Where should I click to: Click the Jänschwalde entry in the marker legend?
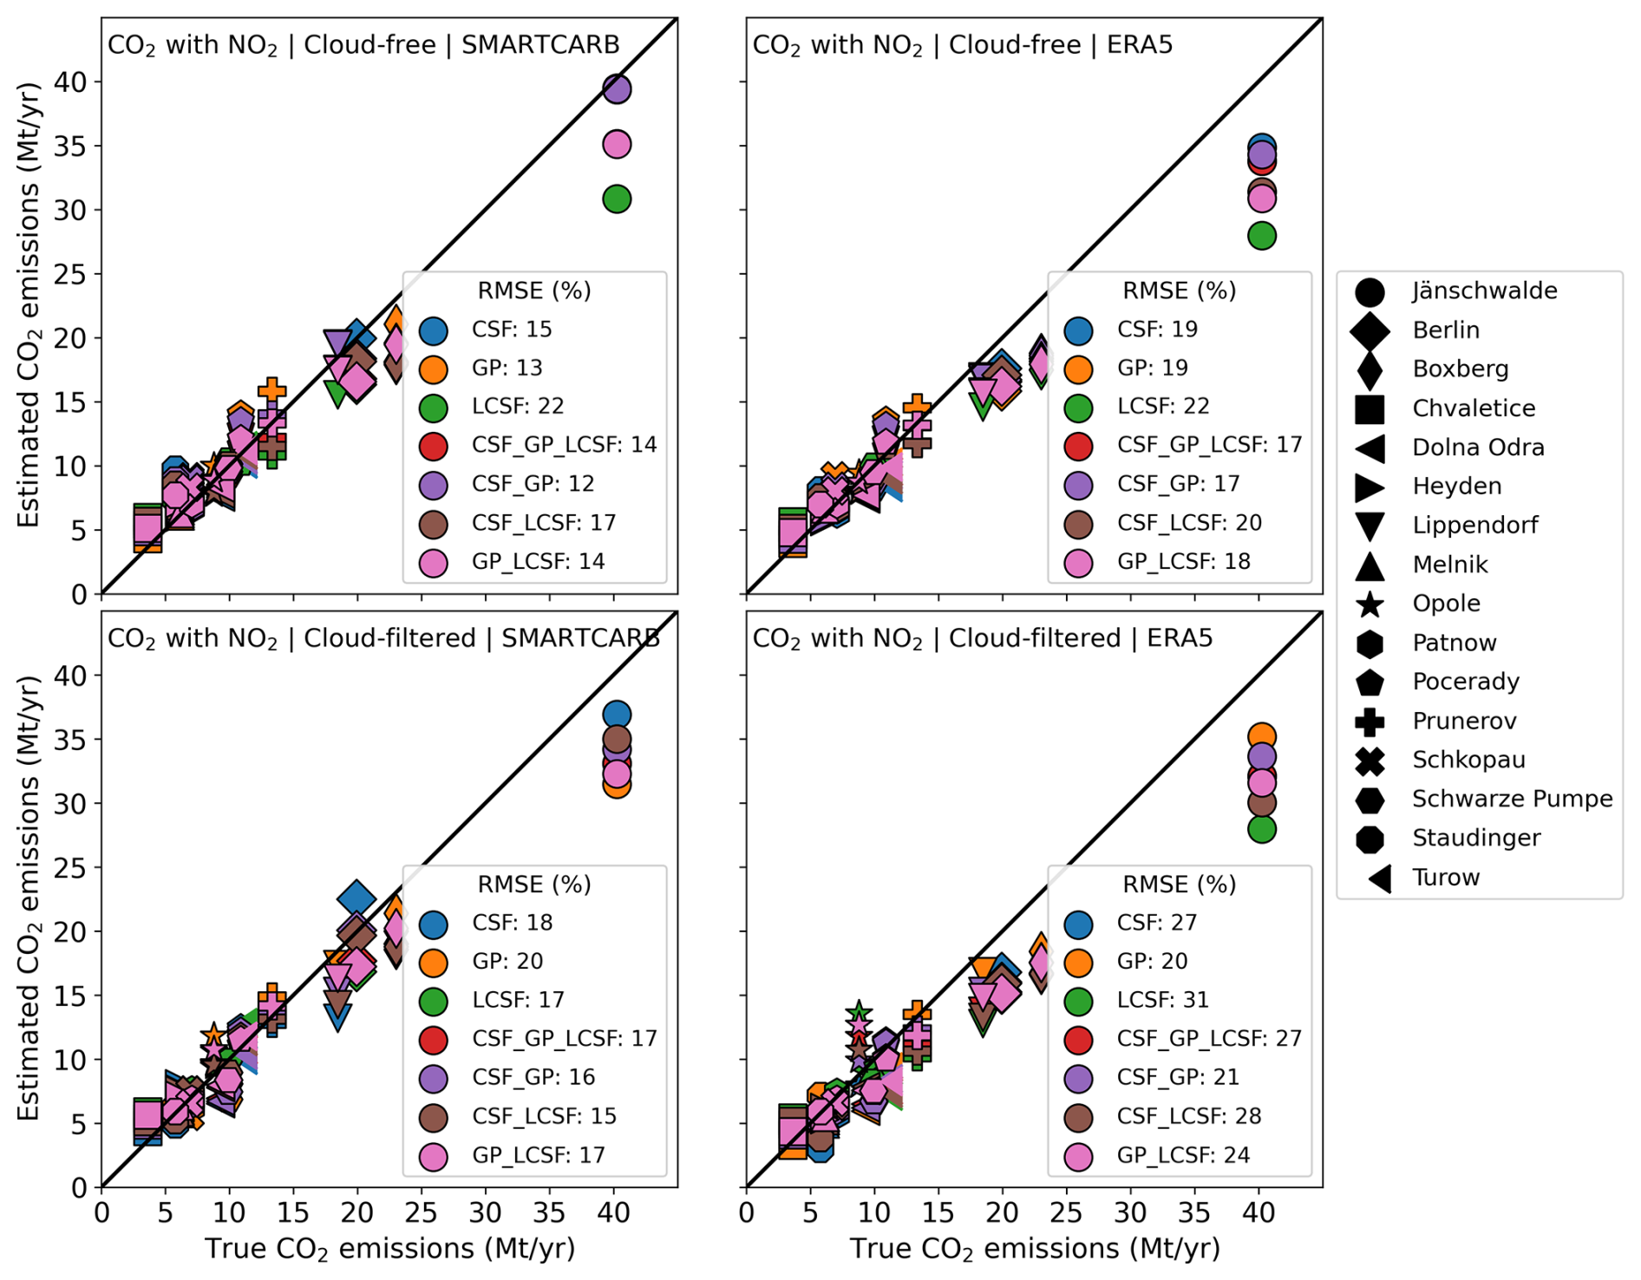tap(1483, 291)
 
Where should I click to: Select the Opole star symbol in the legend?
tap(1370, 604)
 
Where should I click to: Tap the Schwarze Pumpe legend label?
tap(1512, 799)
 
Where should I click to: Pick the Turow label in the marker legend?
tap(1445, 877)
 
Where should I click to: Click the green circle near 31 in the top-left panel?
tap(616, 199)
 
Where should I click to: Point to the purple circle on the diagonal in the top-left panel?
tap(616, 88)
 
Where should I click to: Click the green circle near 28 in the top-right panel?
tap(1261, 235)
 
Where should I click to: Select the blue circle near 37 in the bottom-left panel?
tap(616, 714)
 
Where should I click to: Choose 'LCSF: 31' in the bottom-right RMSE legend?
tap(1162, 1000)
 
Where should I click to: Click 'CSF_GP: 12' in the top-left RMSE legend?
tap(533, 483)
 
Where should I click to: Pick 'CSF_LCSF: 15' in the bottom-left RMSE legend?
tap(544, 1115)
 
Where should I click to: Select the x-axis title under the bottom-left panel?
tap(389, 1249)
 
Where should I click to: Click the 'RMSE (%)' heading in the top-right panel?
tap(1179, 291)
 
